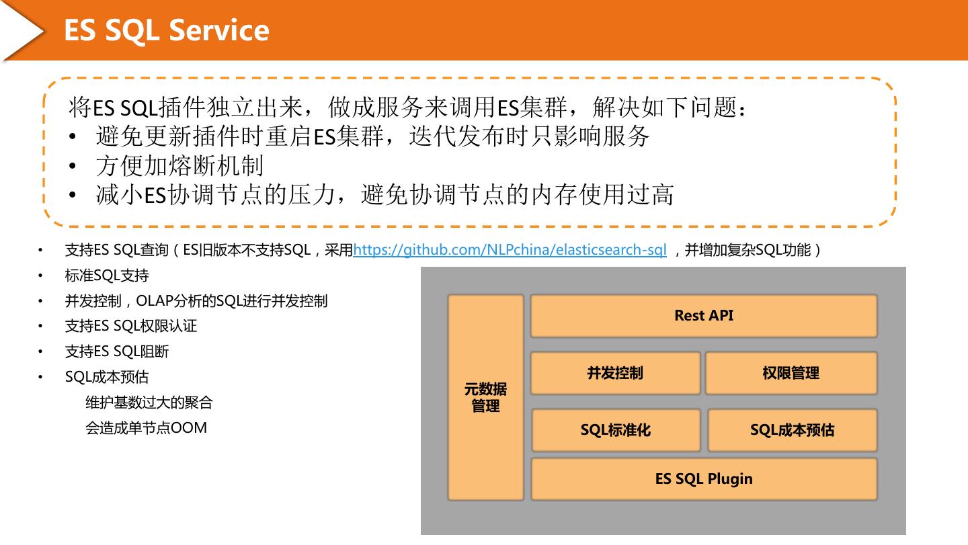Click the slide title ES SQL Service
166,30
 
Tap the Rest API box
704,316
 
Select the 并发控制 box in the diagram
615,373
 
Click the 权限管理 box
791,373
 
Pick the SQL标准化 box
616,430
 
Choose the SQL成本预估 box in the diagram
792,430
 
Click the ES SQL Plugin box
704,479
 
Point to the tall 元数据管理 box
485,397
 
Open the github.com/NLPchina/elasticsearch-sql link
510,250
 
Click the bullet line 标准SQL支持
106,276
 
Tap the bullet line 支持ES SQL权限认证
130,326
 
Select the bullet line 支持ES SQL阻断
116,351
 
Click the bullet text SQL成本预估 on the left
106,377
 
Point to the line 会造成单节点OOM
146,427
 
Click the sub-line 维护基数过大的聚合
149,403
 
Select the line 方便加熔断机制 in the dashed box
179,166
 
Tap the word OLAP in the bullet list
154,301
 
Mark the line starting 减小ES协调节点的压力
385,195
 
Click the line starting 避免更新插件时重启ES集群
372,136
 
